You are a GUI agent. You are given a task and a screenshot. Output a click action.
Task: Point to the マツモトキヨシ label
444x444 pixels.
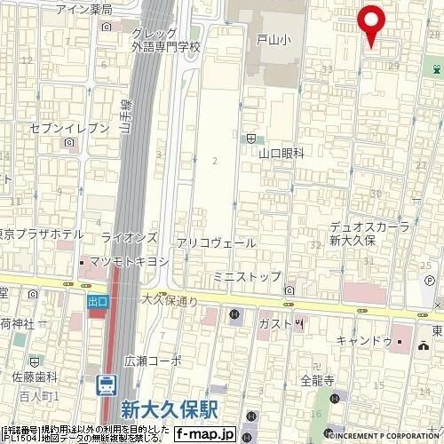pos(129,262)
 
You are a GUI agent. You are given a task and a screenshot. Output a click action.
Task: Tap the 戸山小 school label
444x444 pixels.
pos(273,40)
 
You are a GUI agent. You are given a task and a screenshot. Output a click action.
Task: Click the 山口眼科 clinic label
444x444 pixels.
pos(281,153)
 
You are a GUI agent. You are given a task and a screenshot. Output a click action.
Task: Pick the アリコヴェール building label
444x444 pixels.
pos(216,242)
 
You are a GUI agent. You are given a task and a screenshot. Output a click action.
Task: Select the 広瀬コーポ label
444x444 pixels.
pos(153,361)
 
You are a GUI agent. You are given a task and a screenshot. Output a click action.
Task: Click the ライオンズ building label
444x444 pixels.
pos(129,237)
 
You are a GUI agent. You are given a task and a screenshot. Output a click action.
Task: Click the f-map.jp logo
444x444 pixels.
pos(204,433)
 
